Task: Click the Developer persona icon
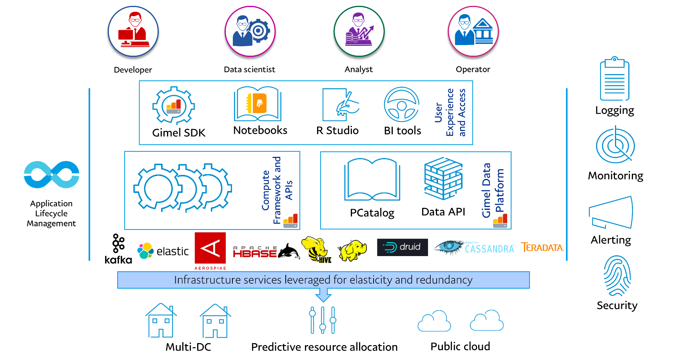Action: (133, 32)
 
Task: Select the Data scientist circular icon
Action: (250, 31)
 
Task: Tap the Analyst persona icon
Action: (359, 31)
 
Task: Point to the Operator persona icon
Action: (473, 31)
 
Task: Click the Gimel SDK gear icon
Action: (173, 105)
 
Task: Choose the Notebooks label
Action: (260, 130)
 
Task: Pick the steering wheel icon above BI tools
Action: (402, 105)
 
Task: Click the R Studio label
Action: (337, 130)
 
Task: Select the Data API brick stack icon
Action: (443, 178)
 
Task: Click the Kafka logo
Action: (118, 249)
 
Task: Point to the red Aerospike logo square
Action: (210, 248)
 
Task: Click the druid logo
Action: (403, 247)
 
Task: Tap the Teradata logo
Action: (542, 247)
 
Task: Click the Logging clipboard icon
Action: (615, 79)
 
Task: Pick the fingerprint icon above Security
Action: (617, 276)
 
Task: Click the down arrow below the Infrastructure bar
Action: (323, 295)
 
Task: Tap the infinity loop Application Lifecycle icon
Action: (51, 175)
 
